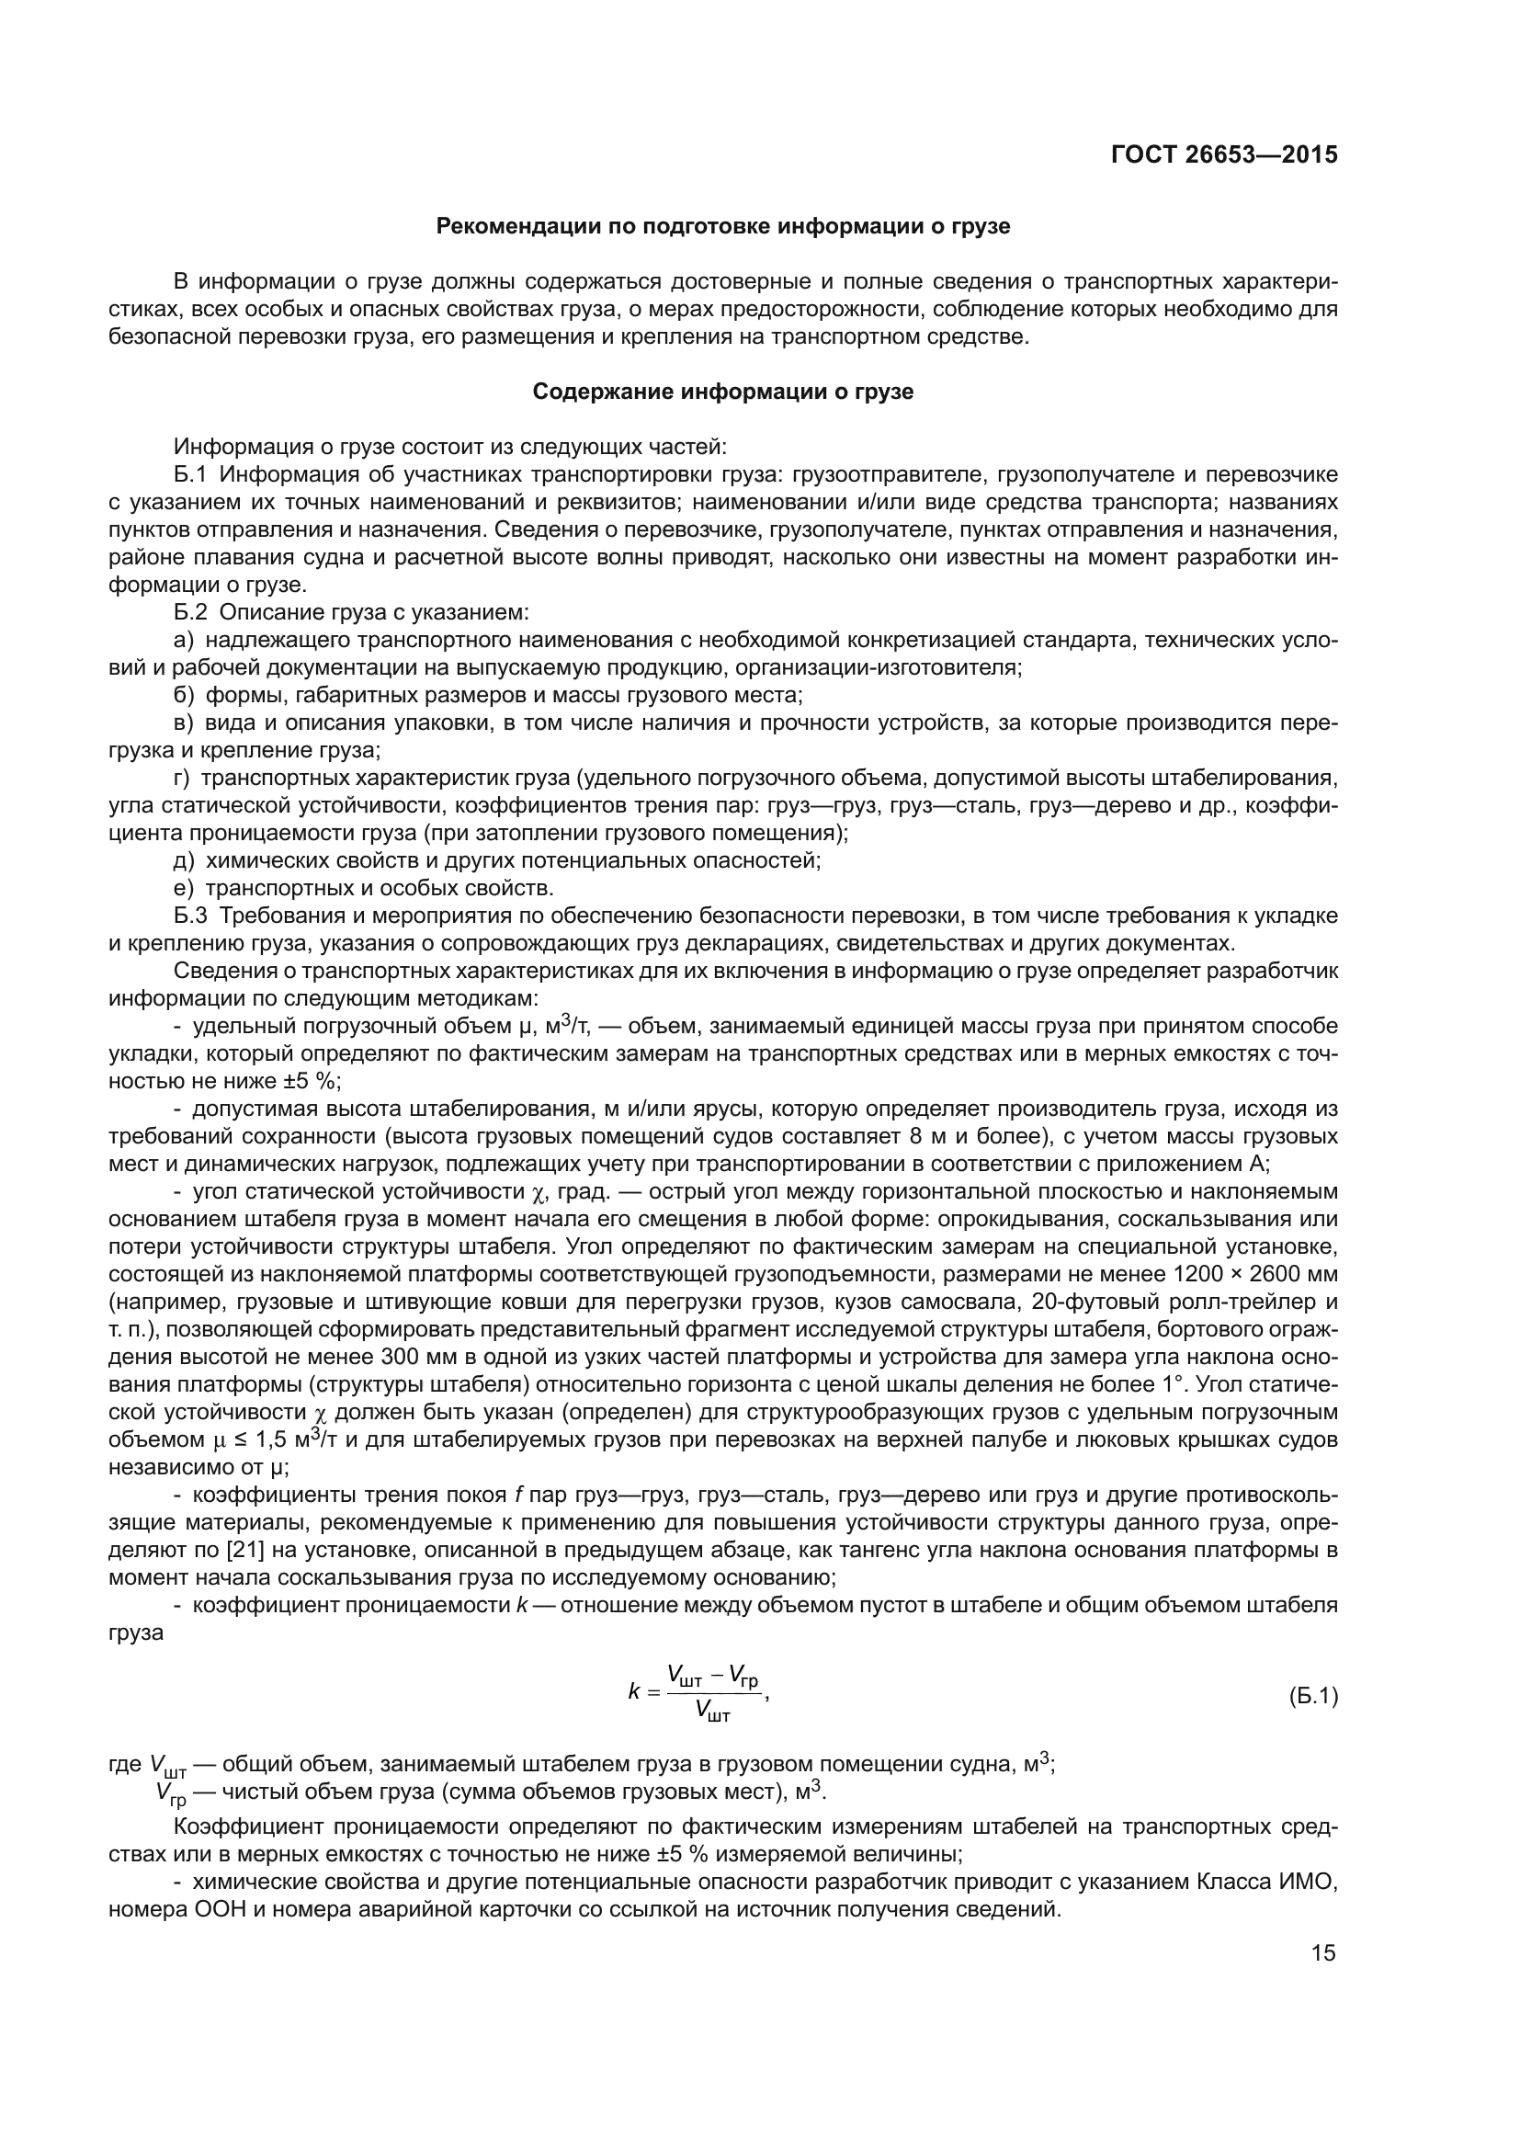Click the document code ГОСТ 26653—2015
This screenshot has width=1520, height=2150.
point(1223,154)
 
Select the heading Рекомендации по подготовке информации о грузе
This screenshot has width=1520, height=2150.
point(722,227)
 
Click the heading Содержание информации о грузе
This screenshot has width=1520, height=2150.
point(722,392)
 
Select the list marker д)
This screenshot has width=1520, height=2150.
point(184,860)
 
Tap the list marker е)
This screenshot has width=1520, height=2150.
point(184,888)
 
